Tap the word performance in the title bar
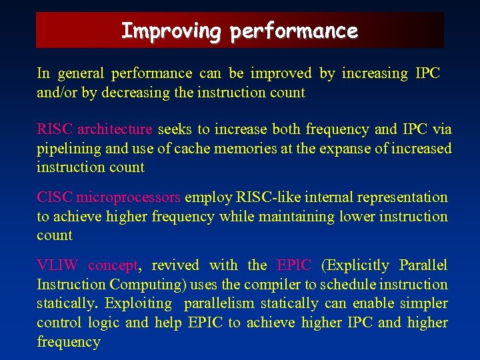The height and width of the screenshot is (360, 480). click(295, 31)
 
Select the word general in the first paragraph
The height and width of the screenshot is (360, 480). click(82, 73)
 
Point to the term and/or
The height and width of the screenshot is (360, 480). click(57, 93)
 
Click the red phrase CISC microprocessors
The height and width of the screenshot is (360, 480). click(108, 197)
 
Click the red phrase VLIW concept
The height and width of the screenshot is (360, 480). click(87, 265)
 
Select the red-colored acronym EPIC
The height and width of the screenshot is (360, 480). click(293, 265)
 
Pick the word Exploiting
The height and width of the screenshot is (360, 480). click(139, 303)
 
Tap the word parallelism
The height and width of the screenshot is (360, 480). click(219, 303)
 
